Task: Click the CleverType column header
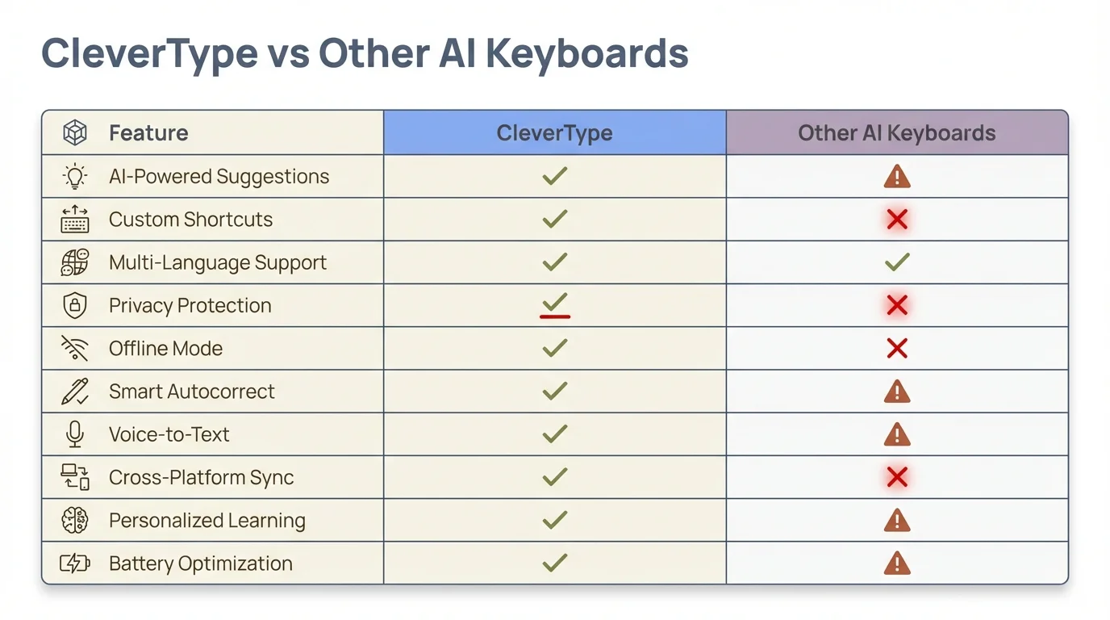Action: point(554,133)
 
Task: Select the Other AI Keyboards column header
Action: point(896,133)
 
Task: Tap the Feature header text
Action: point(148,133)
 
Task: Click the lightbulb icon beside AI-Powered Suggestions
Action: point(75,177)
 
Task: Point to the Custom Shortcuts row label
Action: point(190,220)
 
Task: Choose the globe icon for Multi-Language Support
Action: point(75,262)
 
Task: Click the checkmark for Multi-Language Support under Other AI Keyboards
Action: point(896,262)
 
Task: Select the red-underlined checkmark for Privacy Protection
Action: point(554,304)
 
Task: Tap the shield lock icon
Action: point(75,305)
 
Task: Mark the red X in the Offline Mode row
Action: point(896,348)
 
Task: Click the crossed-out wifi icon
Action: point(75,348)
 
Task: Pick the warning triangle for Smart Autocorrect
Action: point(896,392)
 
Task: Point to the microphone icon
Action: point(75,434)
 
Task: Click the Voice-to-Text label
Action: point(169,434)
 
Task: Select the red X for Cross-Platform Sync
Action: point(896,477)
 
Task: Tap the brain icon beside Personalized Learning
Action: point(75,520)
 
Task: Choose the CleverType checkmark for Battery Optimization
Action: point(554,563)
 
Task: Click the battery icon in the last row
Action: point(75,563)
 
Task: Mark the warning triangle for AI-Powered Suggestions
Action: point(896,177)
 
